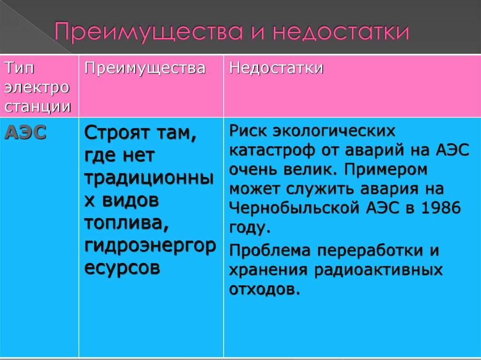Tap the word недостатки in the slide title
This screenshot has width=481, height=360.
click(342, 31)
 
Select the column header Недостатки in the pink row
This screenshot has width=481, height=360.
click(276, 68)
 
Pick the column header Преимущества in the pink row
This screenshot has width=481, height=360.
click(145, 68)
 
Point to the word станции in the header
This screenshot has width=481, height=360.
click(38, 107)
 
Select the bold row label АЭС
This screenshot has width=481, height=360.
click(26, 133)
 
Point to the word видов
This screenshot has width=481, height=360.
click(128, 200)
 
